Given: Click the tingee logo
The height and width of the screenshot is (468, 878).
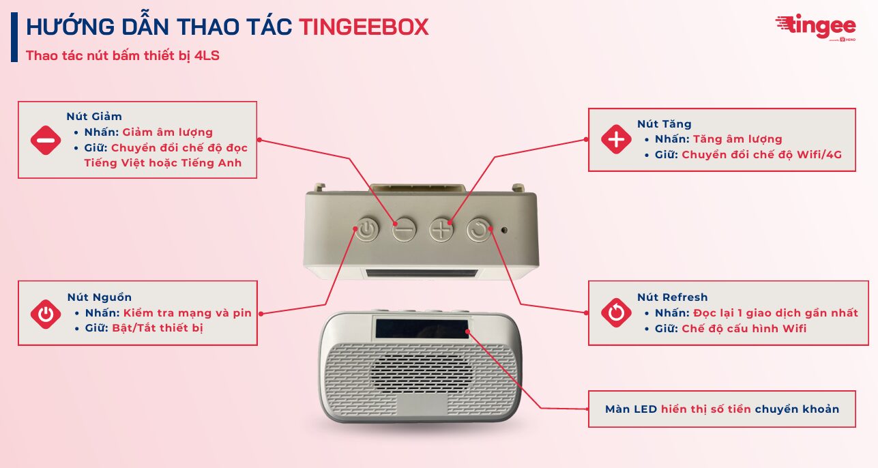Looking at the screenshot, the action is tap(815, 27).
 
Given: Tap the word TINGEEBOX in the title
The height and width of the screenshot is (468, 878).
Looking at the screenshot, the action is tap(364, 27).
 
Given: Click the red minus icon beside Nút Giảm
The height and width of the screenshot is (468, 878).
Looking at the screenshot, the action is tap(46, 140).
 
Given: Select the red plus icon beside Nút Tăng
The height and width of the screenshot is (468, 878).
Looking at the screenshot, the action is tap(616, 139).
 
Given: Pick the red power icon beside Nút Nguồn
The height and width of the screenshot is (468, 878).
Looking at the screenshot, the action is tap(46, 314).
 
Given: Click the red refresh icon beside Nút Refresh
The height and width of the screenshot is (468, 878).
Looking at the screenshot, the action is tap(616, 312).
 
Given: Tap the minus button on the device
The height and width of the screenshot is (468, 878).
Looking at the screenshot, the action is tap(404, 229).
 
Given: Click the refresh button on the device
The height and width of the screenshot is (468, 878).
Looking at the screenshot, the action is tap(479, 229).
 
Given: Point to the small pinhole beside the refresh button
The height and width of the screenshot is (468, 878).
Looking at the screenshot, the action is tap(504, 230).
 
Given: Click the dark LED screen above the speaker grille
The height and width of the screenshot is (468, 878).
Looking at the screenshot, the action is tap(422, 328).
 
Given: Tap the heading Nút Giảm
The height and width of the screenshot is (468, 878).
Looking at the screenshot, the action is tap(94, 117).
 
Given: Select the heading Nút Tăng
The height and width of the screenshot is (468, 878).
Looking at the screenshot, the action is tap(664, 124).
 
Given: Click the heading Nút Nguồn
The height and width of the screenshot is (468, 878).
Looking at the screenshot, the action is tap(99, 297).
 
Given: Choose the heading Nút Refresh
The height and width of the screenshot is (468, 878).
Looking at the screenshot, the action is tap(672, 297).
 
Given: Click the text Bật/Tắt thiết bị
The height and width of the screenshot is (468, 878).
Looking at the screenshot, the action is tap(158, 327).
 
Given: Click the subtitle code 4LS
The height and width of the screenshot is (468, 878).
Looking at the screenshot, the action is tap(207, 56).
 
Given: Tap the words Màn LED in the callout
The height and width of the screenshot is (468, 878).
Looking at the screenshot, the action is tap(631, 409).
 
